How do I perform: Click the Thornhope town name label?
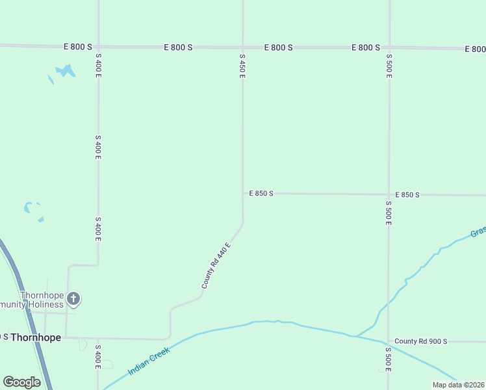point(36,337)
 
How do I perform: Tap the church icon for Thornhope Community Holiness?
point(73,299)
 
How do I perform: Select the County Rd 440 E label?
point(216,265)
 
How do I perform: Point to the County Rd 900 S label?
point(420,341)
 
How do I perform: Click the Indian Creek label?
point(149,361)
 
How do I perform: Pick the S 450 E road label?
point(242,66)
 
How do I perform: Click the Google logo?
point(21,382)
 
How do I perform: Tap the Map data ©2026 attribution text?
point(458,385)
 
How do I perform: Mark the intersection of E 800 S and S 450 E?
point(242,47)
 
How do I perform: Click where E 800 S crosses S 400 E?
point(99,47)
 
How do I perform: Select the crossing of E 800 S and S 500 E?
point(389,48)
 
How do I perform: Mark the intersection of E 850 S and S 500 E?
point(389,194)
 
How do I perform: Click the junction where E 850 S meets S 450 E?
point(243,193)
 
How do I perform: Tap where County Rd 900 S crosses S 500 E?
point(389,341)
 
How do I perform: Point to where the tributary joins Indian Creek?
point(356,336)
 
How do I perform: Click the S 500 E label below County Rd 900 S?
point(389,359)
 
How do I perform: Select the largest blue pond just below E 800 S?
point(65,70)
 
